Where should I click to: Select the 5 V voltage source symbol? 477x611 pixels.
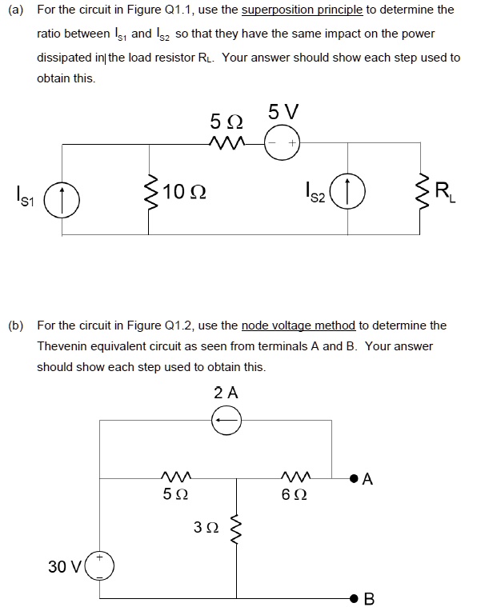click(x=281, y=146)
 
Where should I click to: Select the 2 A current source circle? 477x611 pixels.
click(x=226, y=421)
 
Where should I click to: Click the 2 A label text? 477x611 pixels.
click(x=226, y=393)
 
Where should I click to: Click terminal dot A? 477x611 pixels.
click(x=352, y=480)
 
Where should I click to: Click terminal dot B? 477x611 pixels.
click(x=352, y=597)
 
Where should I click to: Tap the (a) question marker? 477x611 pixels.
click(x=14, y=10)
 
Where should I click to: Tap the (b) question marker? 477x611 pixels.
click(x=14, y=325)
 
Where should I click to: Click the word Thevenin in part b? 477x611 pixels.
click(x=61, y=346)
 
